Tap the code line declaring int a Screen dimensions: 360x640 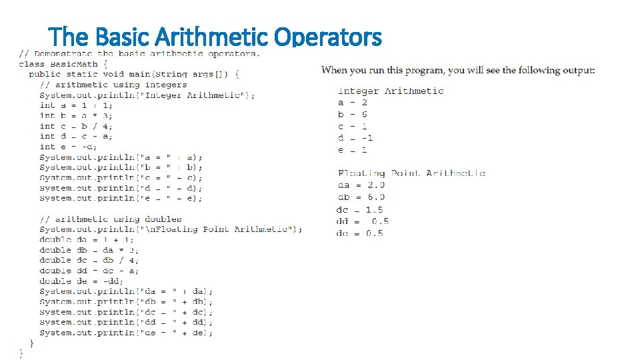(76, 105)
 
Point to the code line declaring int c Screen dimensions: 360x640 (76, 126)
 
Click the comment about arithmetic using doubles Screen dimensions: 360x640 (110, 219)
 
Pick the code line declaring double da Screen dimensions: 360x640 (87, 239)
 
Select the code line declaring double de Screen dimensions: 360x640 (81, 281)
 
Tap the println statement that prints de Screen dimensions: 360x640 (126, 332)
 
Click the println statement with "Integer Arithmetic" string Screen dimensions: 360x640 (147, 95)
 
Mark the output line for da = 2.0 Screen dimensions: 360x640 (361, 185)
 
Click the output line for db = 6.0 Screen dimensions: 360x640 (361, 197)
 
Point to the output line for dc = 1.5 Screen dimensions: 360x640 (360, 210)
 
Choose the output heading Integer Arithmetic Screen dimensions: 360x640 (391, 91)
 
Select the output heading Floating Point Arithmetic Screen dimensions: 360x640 (411, 173)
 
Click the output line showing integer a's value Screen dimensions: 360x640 (353, 103)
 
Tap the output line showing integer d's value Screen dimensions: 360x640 (355, 138)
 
